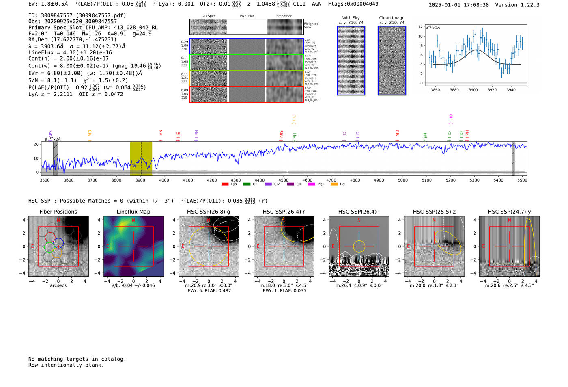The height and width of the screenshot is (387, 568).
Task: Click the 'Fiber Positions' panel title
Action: [58, 212]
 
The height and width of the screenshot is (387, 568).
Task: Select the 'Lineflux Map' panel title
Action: [133, 212]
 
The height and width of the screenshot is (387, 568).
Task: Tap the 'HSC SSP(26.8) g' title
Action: [209, 212]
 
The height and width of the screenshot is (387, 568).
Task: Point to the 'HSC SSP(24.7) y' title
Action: [509, 212]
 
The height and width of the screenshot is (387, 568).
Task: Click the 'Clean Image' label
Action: [392, 18]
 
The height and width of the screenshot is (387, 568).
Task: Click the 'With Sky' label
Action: [351, 18]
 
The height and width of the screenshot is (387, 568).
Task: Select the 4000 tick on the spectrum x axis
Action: [164, 180]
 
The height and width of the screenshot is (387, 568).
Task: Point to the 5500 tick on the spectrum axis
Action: [522, 180]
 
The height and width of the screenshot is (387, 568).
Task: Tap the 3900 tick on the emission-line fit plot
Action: [473, 90]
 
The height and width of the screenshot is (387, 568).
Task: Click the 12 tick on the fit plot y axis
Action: [421, 27]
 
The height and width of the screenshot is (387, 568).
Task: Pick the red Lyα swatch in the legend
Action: [225, 184]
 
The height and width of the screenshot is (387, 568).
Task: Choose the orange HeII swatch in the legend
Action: [334, 184]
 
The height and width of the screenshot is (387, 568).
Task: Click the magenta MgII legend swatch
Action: [312, 184]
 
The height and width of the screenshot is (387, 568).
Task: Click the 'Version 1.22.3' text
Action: [517, 5]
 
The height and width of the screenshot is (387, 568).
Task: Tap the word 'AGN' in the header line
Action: [316, 4]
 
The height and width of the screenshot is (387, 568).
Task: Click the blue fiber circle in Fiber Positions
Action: [58, 243]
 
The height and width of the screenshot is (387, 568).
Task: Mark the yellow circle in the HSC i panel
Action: [359, 246]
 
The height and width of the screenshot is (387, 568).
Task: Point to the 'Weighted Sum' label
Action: [311, 26]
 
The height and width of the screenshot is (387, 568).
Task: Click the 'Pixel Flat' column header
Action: [247, 16]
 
